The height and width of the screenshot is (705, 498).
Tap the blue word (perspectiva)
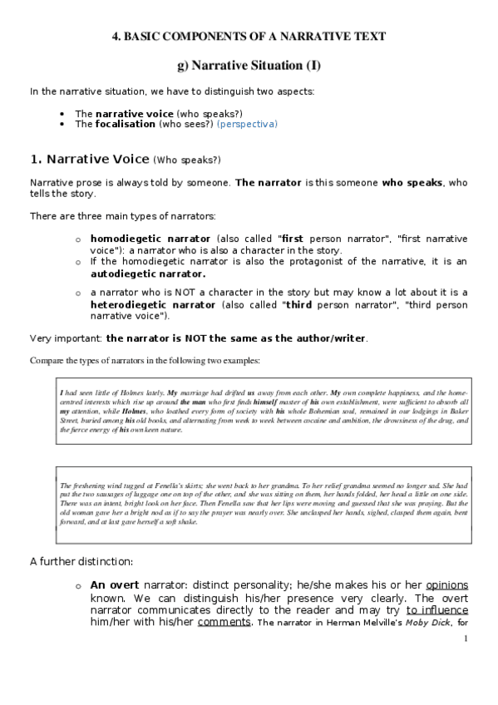(247, 124)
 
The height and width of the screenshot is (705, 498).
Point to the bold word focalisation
(125, 124)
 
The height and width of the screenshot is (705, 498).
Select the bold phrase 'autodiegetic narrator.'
(147, 274)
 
